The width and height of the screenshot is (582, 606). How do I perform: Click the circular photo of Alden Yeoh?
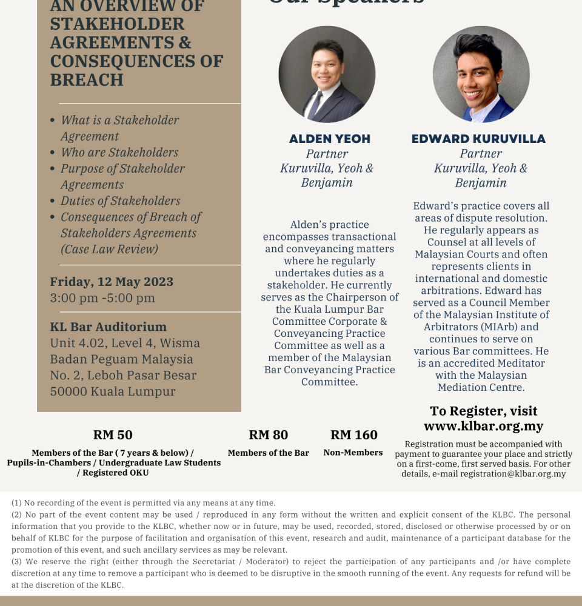coord(327,75)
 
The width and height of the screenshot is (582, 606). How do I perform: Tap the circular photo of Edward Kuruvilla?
coord(481,75)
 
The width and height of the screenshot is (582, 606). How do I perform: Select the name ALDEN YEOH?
coord(330,139)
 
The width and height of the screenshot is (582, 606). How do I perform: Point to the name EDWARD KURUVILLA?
coord(479,139)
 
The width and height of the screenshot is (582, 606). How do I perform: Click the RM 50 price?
coord(113,435)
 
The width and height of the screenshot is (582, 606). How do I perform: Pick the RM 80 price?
coord(269,435)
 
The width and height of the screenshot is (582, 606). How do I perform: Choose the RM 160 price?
coord(354,435)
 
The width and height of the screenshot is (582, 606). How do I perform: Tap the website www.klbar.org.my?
coord(483,426)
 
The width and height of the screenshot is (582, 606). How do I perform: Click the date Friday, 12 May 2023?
coord(112,282)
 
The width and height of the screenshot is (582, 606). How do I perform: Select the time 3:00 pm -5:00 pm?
coord(102,298)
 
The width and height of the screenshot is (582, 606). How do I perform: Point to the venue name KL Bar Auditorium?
coord(109,327)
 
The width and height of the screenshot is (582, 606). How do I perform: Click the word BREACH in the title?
coord(87,80)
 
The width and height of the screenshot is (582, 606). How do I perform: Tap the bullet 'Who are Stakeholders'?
coord(119,152)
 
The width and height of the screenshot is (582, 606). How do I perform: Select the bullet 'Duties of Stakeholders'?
coord(121,201)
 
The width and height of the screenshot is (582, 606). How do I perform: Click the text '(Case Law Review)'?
coord(109,249)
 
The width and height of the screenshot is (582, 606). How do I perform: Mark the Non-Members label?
coord(353,453)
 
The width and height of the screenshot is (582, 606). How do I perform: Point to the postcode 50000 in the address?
coord(69,391)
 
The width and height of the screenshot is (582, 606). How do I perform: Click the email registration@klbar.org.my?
coord(513,474)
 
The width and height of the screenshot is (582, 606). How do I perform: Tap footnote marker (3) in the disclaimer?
coord(17,562)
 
